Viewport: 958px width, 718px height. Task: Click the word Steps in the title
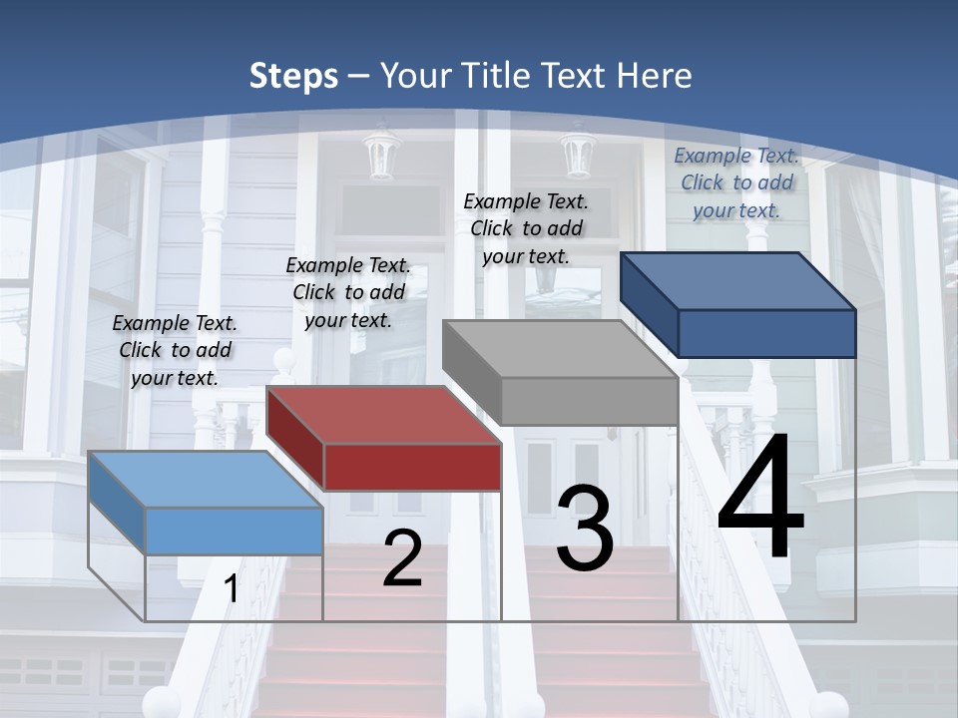292,76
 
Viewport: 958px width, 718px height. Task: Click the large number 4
760,500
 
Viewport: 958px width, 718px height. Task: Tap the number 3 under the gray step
585,530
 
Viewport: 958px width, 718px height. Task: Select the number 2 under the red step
402,559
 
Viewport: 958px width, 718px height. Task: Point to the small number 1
232,589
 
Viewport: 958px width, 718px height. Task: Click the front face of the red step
412,467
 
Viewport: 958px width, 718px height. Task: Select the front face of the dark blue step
766,333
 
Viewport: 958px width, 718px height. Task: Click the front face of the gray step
590,401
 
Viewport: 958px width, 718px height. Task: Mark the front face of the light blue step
234,531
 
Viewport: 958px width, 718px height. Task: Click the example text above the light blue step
175,350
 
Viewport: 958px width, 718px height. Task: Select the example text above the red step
347,292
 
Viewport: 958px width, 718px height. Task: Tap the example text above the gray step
526,228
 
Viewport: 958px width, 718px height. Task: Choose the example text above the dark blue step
736,182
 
